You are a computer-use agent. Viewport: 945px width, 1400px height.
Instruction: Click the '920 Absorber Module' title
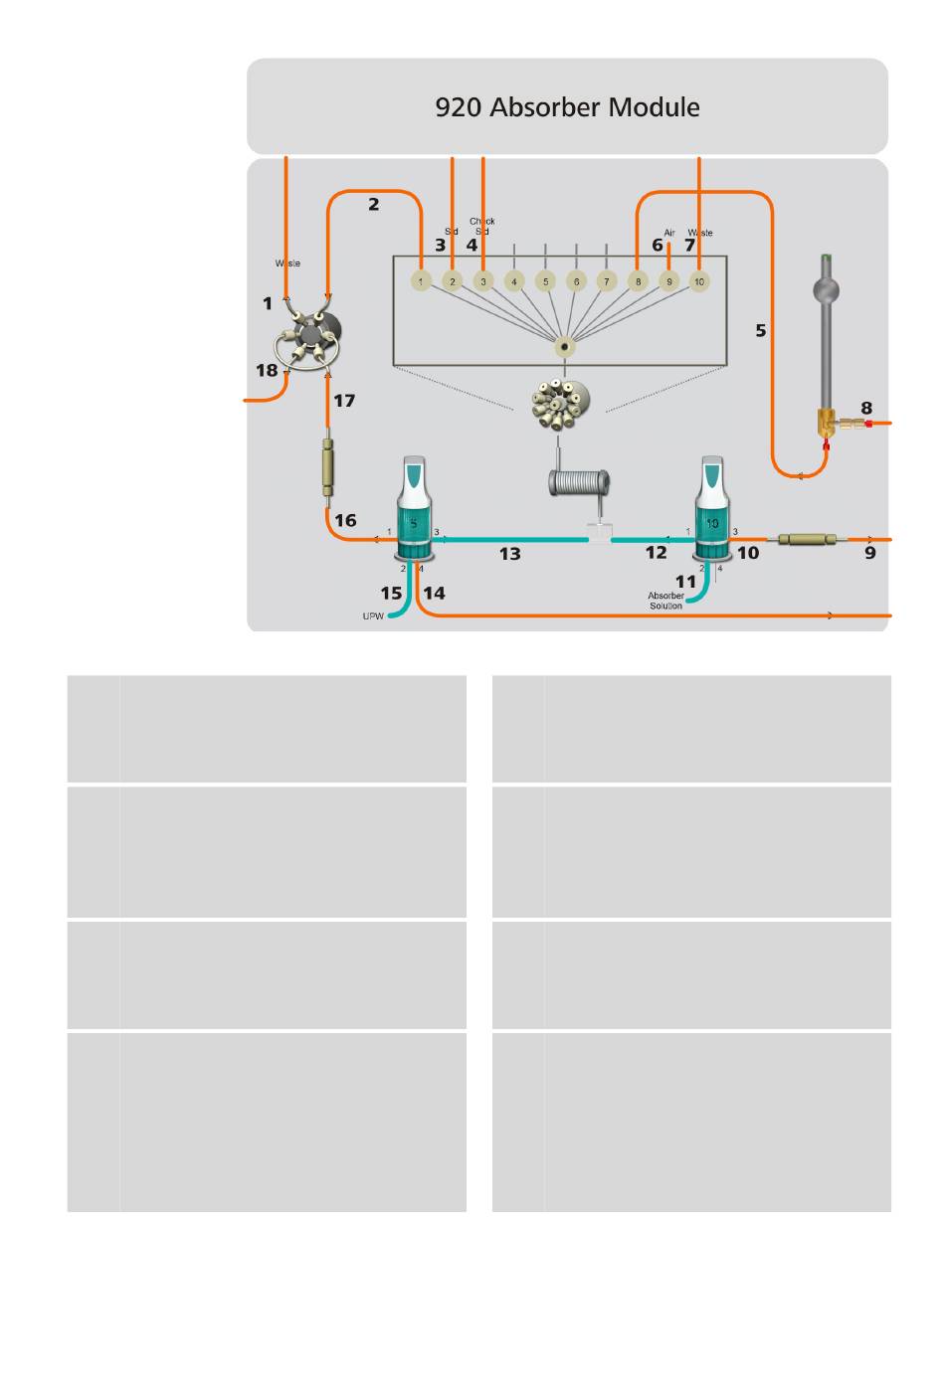pos(567,107)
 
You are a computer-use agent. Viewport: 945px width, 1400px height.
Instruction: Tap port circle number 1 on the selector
pos(421,281)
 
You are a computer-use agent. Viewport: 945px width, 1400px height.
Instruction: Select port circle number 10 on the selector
pos(699,281)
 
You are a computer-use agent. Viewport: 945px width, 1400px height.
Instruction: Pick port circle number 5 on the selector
pos(544,281)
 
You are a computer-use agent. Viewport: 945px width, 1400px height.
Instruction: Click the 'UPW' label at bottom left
pos(372,616)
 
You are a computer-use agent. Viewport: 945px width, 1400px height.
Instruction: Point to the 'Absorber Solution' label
pos(665,601)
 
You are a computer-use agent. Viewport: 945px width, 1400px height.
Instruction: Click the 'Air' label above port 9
pos(669,233)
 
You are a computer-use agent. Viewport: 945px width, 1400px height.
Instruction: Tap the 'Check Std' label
pos(481,226)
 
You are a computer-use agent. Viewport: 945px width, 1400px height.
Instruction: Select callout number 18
pos(267,371)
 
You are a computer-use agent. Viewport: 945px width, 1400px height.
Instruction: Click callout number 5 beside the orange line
pos(761,330)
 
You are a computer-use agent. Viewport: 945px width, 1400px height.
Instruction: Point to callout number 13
pos(509,554)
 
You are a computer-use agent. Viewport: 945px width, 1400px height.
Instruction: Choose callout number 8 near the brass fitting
pos(866,408)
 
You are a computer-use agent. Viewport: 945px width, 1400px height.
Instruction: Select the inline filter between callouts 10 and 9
pos(807,540)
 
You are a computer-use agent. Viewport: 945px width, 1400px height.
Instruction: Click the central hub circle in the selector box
pos(565,348)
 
